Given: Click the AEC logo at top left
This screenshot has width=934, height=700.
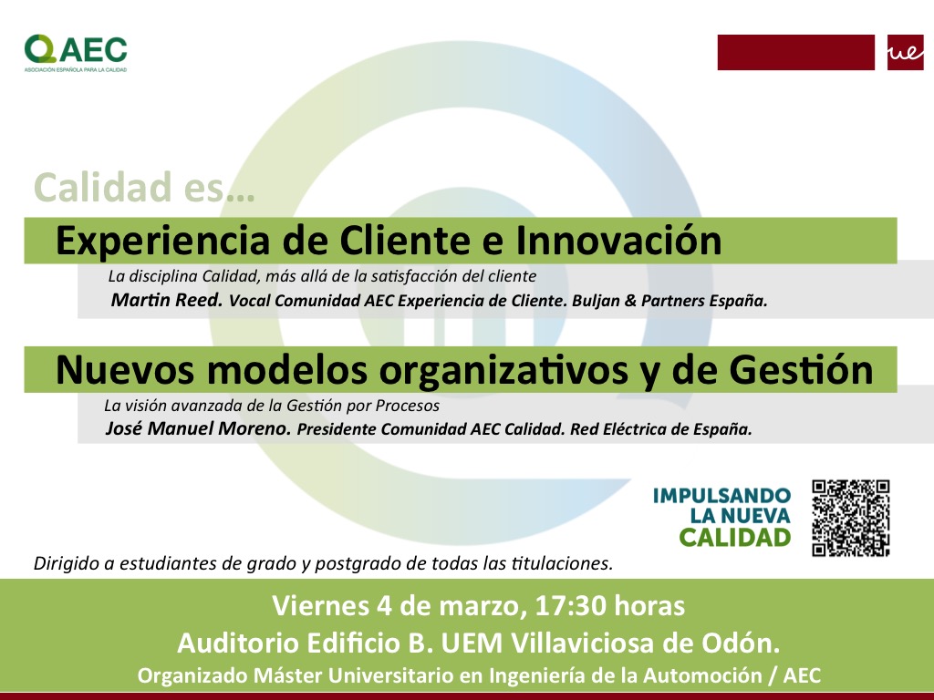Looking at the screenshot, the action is coord(76,53).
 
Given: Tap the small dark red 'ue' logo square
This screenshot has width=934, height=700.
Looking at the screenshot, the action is coord(905,52).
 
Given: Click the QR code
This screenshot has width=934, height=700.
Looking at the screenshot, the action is coord(851,518).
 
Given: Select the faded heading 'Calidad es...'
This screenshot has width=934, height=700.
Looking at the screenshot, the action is coord(145,187).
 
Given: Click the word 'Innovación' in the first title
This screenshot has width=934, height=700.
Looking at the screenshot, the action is coord(618,241).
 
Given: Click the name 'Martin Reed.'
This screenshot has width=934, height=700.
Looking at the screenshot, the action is coord(167,299).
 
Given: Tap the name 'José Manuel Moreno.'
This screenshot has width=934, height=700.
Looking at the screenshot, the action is coord(198,428).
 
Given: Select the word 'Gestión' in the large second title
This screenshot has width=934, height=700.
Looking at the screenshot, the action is coord(801,370).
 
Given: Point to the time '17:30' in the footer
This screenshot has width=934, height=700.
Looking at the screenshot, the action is coord(571,606).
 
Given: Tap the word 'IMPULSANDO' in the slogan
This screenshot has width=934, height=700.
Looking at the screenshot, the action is coord(721,495).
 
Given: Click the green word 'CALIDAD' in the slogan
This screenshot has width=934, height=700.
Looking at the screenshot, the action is coord(734,538).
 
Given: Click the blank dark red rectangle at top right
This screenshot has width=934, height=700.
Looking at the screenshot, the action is coord(795,52).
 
